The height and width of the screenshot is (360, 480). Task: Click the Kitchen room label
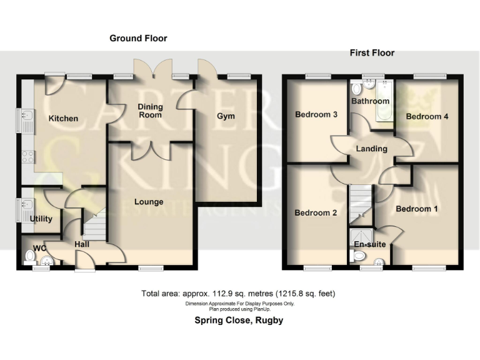(x=64, y=118)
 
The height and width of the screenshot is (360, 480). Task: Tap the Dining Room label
(x=149, y=111)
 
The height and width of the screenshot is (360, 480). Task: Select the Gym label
(x=226, y=116)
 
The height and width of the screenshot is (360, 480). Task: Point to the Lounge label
(x=149, y=202)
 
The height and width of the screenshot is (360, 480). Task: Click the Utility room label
(x=41, y=219)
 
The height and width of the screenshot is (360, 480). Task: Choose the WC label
(x=39, y=248)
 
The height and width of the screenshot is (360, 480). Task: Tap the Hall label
(x=82, y=244)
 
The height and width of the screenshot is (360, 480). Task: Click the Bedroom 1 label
(x=416, y=209)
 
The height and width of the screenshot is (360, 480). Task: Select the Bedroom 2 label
(x=316, y=212)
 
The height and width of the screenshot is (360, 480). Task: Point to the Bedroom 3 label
(x=316, y=114)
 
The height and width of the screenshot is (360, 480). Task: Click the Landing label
(x=371, y=149)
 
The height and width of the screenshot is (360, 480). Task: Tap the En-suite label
(x=370, y=244)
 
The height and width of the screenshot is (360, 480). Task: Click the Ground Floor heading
(x=138, y=38)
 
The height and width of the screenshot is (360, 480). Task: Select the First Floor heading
(x=372, y=53)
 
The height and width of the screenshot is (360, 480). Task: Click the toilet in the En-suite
(x=359, y=256)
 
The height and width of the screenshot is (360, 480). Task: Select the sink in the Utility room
(x=27, y=204)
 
